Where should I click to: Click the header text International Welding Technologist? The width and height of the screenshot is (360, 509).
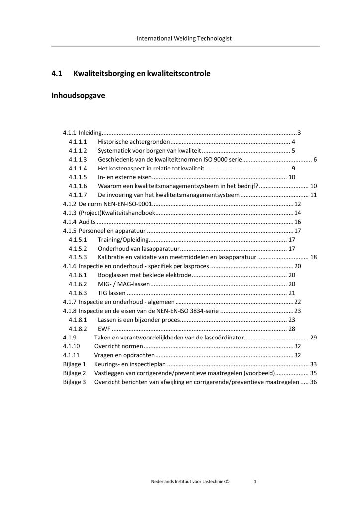180,38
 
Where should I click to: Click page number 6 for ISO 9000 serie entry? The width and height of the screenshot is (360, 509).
315,160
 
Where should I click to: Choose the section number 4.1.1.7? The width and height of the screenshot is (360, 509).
78,195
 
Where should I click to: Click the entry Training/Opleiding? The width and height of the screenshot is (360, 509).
121,240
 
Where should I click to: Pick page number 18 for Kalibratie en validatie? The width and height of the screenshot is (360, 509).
313,257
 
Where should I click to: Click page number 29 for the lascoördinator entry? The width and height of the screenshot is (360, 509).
313,338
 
